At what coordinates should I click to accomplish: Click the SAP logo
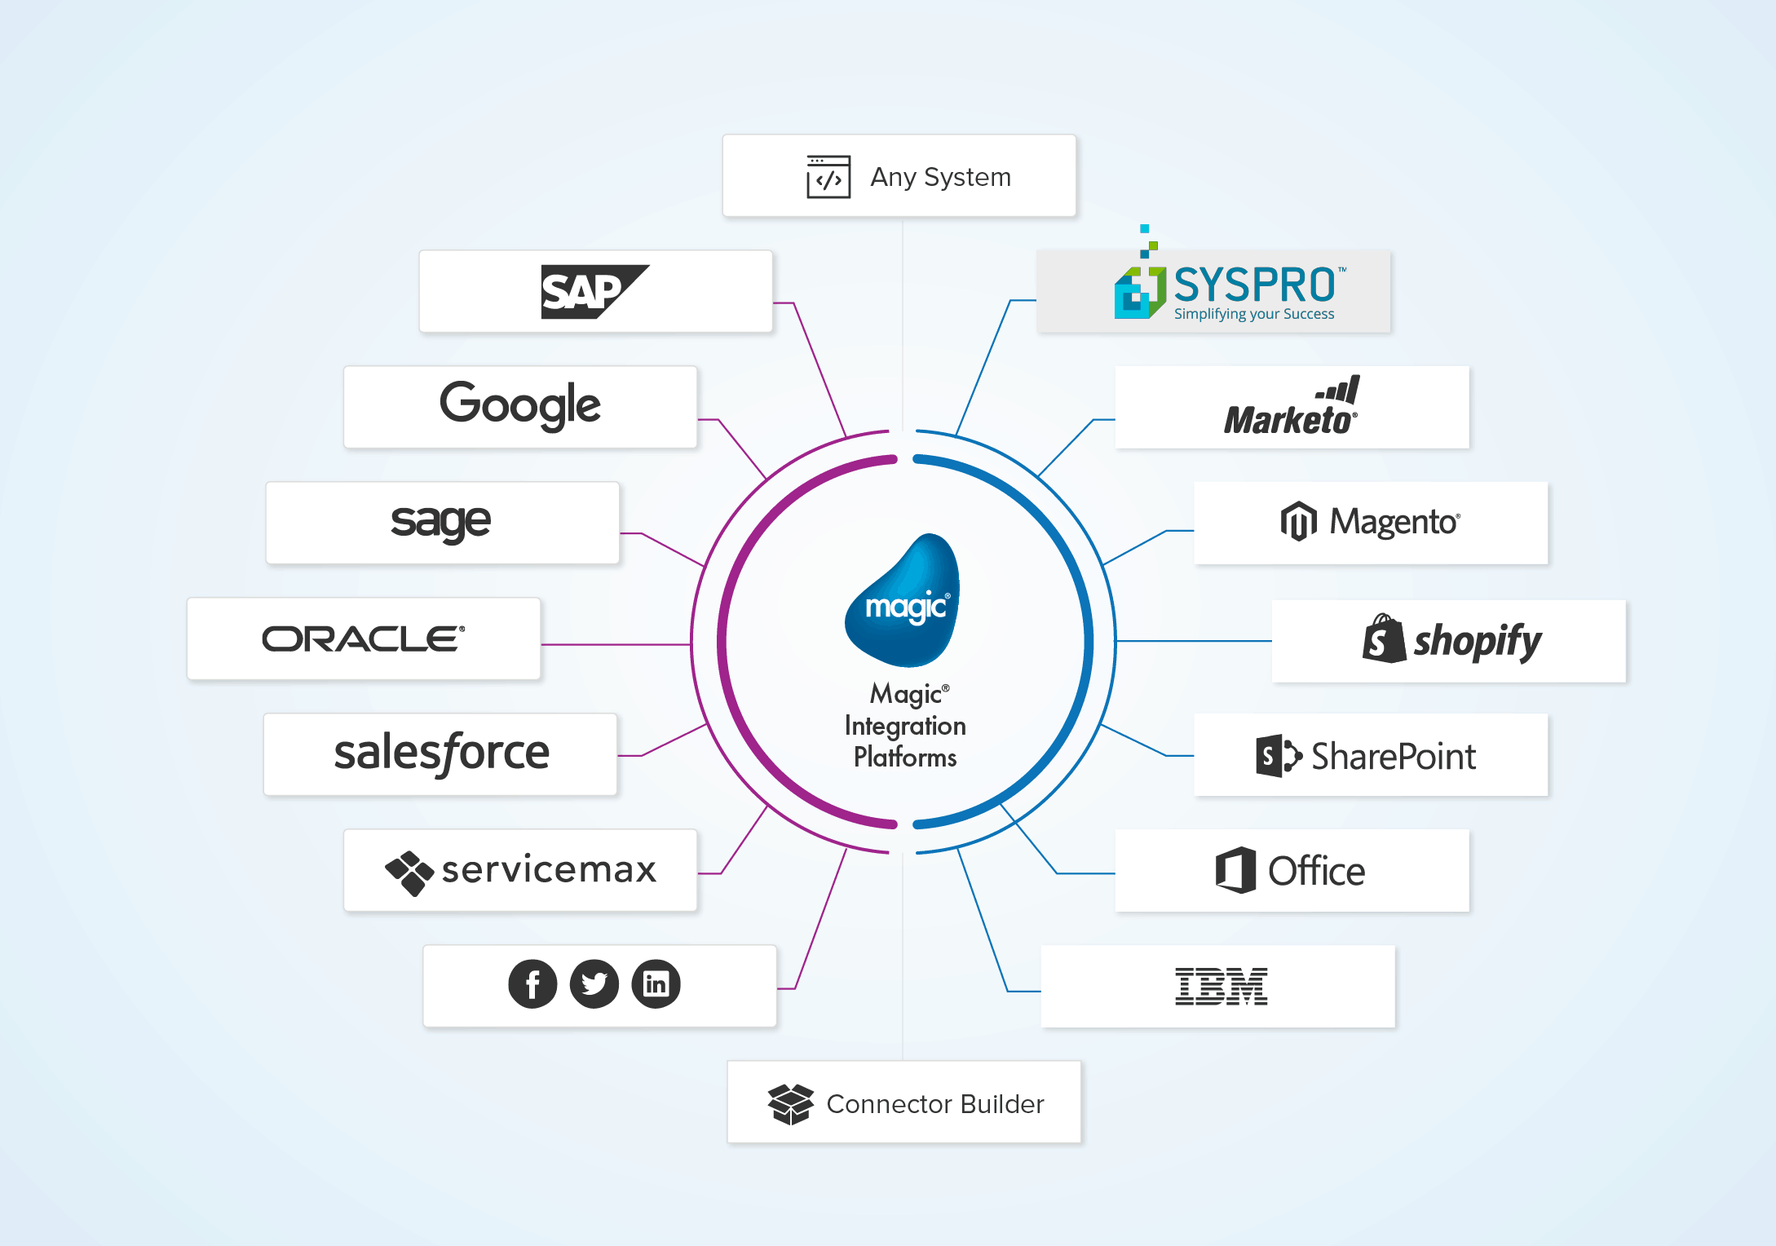coord(594,291)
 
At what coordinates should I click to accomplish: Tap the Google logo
coord(520,404)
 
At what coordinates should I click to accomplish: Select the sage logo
coord(441,522)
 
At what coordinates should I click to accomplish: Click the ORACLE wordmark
coord(364,638)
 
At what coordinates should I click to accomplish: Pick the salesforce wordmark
coord(441,753)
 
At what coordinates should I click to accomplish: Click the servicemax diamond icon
coord(409,873)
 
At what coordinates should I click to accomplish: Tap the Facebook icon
coord(532,984)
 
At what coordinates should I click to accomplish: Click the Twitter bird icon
coord(594,984)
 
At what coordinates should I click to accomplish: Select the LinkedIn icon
coord(656,984)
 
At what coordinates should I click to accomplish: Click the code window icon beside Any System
coord(828,177)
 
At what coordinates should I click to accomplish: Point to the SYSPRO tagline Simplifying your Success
coord(1254,314)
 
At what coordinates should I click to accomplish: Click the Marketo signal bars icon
coord(1340,390)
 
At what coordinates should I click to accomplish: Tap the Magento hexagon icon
coord(1298,521)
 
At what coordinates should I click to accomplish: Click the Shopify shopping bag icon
coord(1384,639)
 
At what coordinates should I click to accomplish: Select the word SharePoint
coord(1394,757)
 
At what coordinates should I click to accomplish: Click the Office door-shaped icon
coord(1236,870)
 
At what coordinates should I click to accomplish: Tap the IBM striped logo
coord(1221,986)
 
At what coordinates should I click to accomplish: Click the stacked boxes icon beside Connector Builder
coord(790,1104)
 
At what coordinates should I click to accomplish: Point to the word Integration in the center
coord(905,726)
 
